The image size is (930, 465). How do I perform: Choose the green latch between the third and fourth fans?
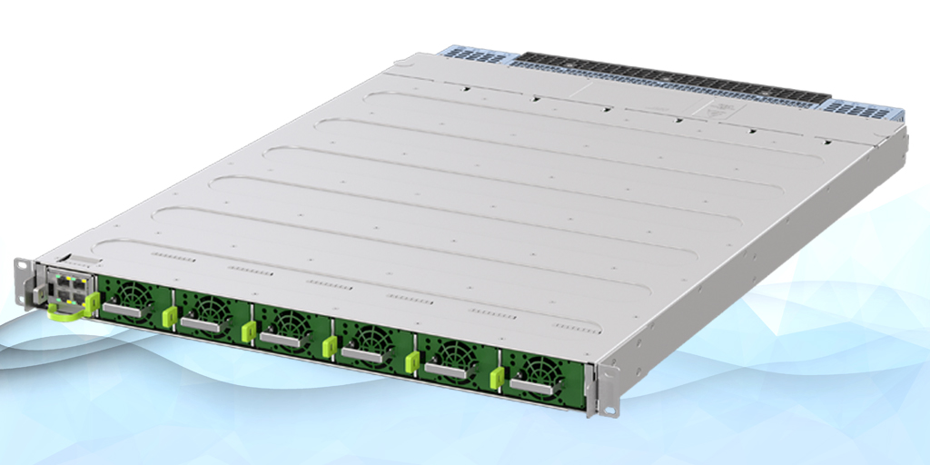coord(330,345)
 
